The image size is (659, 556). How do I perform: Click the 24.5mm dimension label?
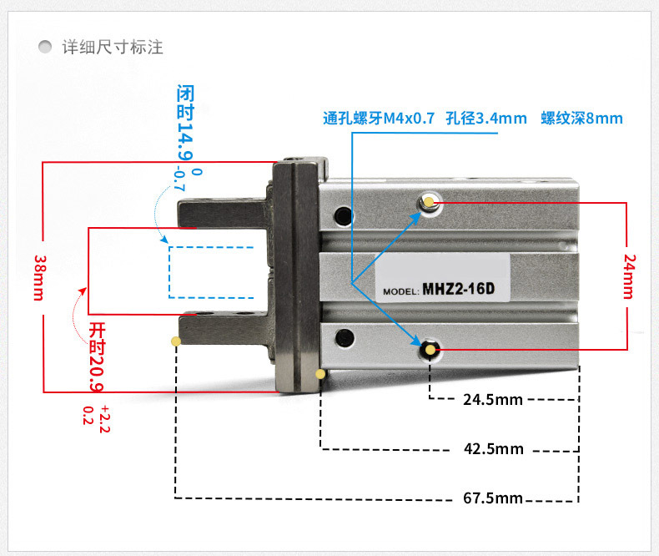[x=492, y=399]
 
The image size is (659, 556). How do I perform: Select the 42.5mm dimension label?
[x=494, y=449]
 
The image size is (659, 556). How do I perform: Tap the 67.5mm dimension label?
[x=492, y=498]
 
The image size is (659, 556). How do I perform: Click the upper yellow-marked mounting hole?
[x=429, y=201]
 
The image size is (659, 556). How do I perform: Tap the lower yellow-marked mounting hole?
[x=430, y=350]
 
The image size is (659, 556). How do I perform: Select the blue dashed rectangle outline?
[x=211, y=272]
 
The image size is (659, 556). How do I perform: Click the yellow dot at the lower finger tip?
[x=175, y=341]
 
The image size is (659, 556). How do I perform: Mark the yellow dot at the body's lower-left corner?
[x=320, y=374]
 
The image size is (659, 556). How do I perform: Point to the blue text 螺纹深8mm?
[x=581, y=119]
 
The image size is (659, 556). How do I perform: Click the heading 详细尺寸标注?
[x=112, y=47]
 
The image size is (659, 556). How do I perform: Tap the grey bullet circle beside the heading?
[x=46, y=47]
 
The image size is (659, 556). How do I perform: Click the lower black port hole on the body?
[x=341, y=338]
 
